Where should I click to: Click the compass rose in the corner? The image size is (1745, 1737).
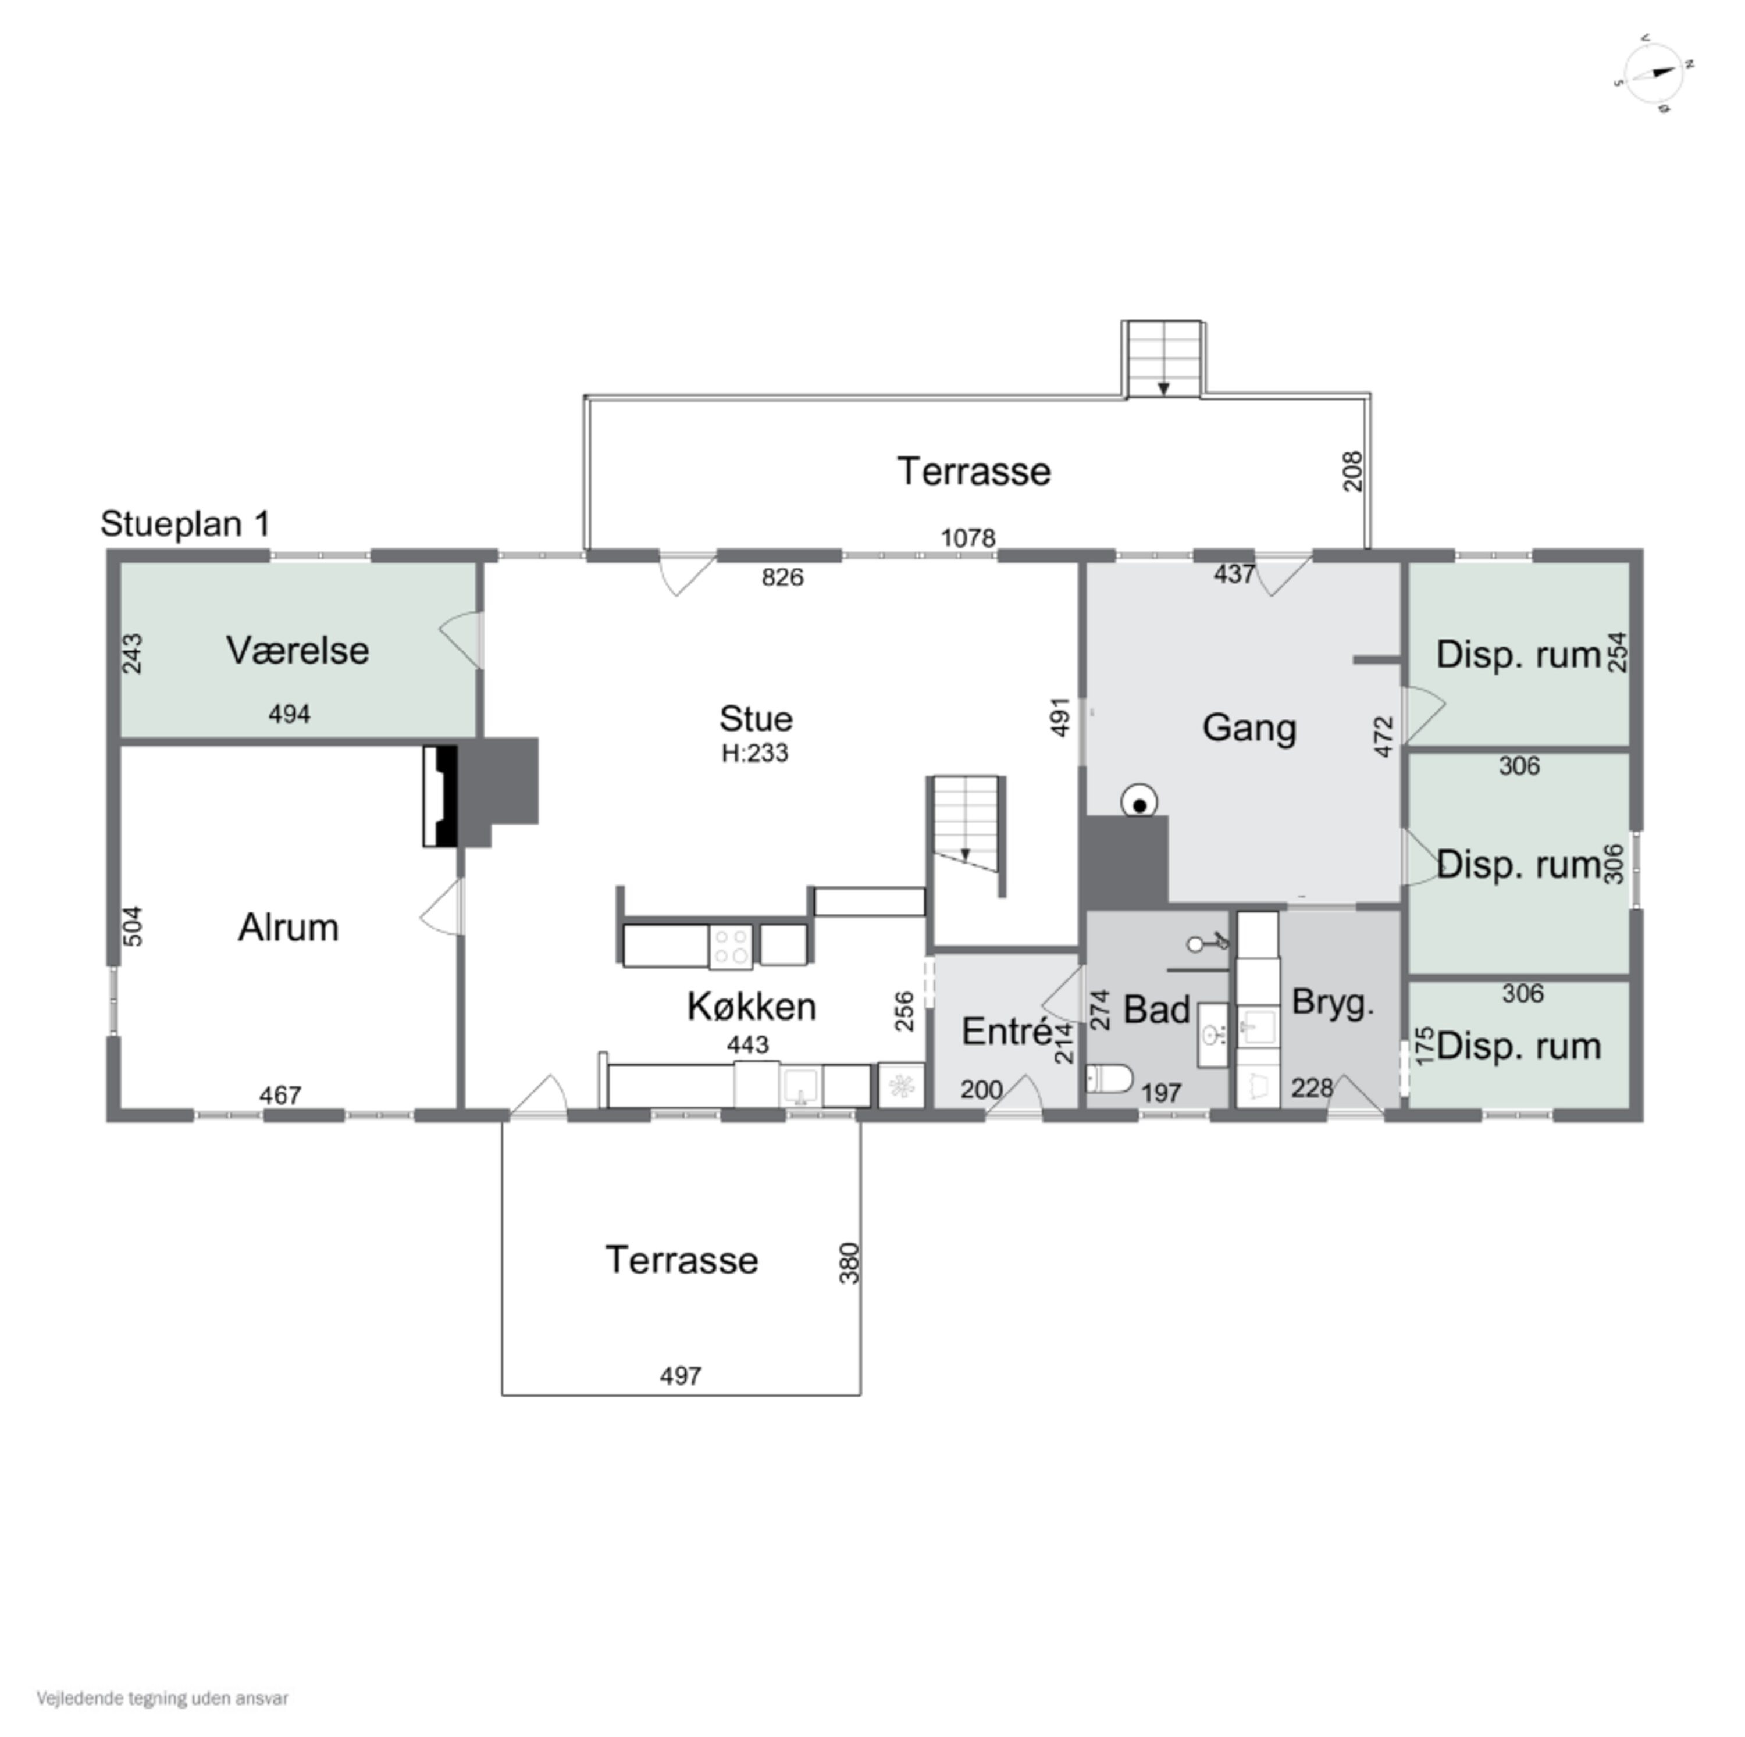pos(1653,74)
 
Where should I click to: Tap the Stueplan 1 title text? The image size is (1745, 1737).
pos(185,523)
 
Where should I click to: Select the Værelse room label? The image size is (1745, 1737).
pos(297,650)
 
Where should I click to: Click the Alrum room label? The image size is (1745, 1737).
pos(288,927)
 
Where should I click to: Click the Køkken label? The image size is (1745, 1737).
pos(752,1005)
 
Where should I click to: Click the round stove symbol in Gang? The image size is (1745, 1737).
pos(1140,802)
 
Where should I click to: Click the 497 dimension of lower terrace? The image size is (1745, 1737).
pos(680,1376)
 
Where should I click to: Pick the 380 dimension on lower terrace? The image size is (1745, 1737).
pos(849,1263)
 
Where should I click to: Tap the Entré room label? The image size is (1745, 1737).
pos(1007,1031)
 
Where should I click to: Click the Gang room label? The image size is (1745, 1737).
pos(1249,727)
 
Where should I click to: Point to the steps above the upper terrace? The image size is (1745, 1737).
pos(1162,358)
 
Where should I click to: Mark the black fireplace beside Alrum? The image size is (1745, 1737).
pos(441,796)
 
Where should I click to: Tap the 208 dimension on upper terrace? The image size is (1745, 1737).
pos(1352,470)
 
